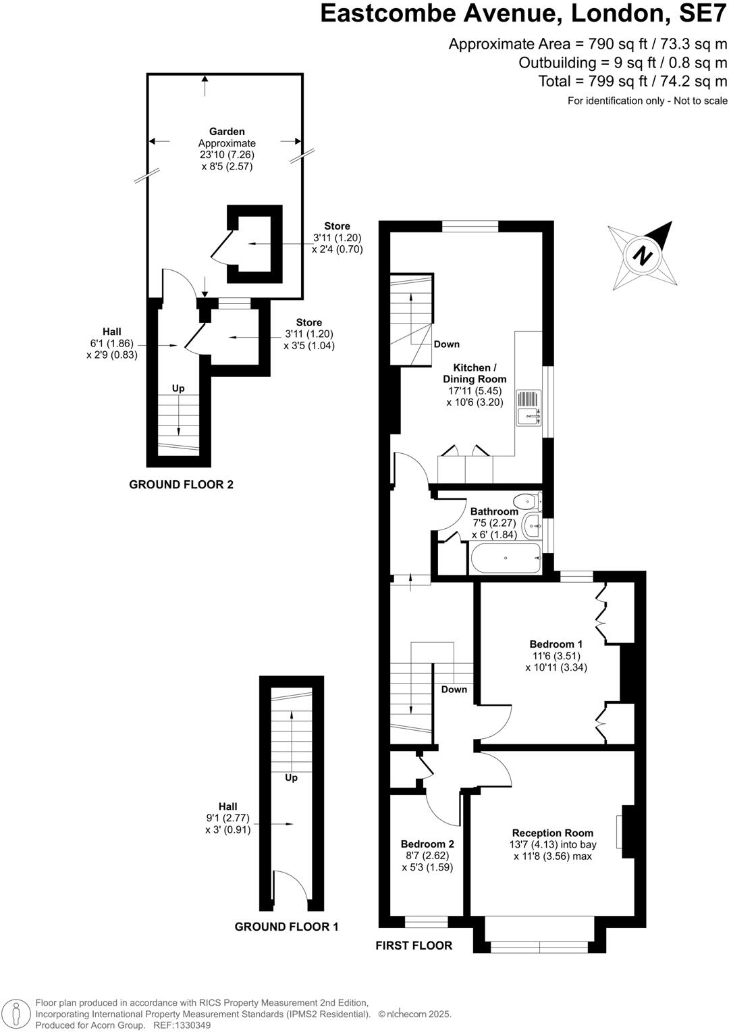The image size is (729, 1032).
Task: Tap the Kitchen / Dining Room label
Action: point(475,373)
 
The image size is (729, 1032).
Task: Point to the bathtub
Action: point(505,559)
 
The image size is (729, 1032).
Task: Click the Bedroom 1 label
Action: point(556,644)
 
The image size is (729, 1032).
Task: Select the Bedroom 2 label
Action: point(427,844)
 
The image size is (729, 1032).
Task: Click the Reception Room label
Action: point(552,833)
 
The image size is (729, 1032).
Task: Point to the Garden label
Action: point(227,132)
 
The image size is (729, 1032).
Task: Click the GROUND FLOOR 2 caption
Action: point(181,484)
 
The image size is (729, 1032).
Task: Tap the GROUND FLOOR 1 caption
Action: point(286,927)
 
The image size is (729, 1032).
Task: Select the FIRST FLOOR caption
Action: point(414,945)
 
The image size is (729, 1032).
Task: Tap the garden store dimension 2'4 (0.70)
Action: point(337,249)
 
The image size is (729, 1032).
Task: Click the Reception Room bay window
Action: point(539,947)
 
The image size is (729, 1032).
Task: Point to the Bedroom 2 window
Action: point(426,919)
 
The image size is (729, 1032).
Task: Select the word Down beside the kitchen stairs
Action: point(446,344)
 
